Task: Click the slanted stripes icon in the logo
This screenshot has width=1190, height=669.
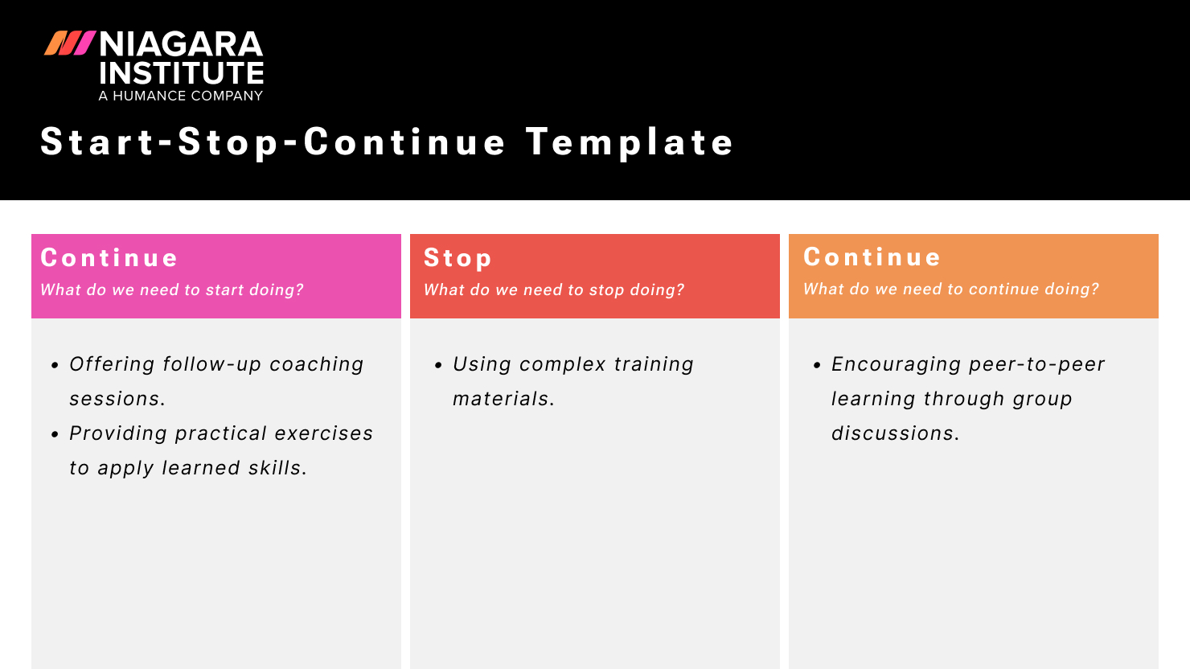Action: pyautogui.click(x=70, y=43)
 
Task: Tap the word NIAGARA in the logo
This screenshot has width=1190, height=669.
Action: pyautogui.click(x=181, y=44)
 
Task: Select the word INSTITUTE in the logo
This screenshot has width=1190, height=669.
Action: pyautogui.click(x=181, y=73)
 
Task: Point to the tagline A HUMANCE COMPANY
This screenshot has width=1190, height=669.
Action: pyautogui.click(x=181, y=96)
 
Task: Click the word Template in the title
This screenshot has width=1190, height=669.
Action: pyautogui.click(x=630, y=142)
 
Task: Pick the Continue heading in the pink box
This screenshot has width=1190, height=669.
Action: pyautogui.click(x=109, y=257)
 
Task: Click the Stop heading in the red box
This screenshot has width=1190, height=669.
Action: pyautogui.click(x=458, y=257)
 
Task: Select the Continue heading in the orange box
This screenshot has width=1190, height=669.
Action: pyautogui.click(x=872, y=257)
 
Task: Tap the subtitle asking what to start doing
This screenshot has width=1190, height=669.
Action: pyautogui.click(x=172, y=289)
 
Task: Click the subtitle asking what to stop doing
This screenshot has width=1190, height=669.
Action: pyautogui.click(x=554, y=289)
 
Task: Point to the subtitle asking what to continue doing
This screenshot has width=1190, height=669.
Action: pyautogui.click(x=951, y=289)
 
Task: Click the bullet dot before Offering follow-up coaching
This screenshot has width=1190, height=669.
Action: pyautogui.click(x=55, y=365)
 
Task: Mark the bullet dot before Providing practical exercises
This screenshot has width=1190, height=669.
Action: pyautogui.click(x=55, y=434)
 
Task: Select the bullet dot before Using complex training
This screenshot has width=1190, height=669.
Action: pyautogui.click(x=438, y=365)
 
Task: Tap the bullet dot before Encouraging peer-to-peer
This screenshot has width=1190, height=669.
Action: pyautogui.click(x=817, y=365)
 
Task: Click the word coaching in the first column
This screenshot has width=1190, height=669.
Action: pyautogui.click(x=316, y=364)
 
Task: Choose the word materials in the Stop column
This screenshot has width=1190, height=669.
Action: pyautogui.click(x=502, y=399)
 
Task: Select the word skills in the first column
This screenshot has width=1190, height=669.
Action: pyautogui.click(x=277, y=468)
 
